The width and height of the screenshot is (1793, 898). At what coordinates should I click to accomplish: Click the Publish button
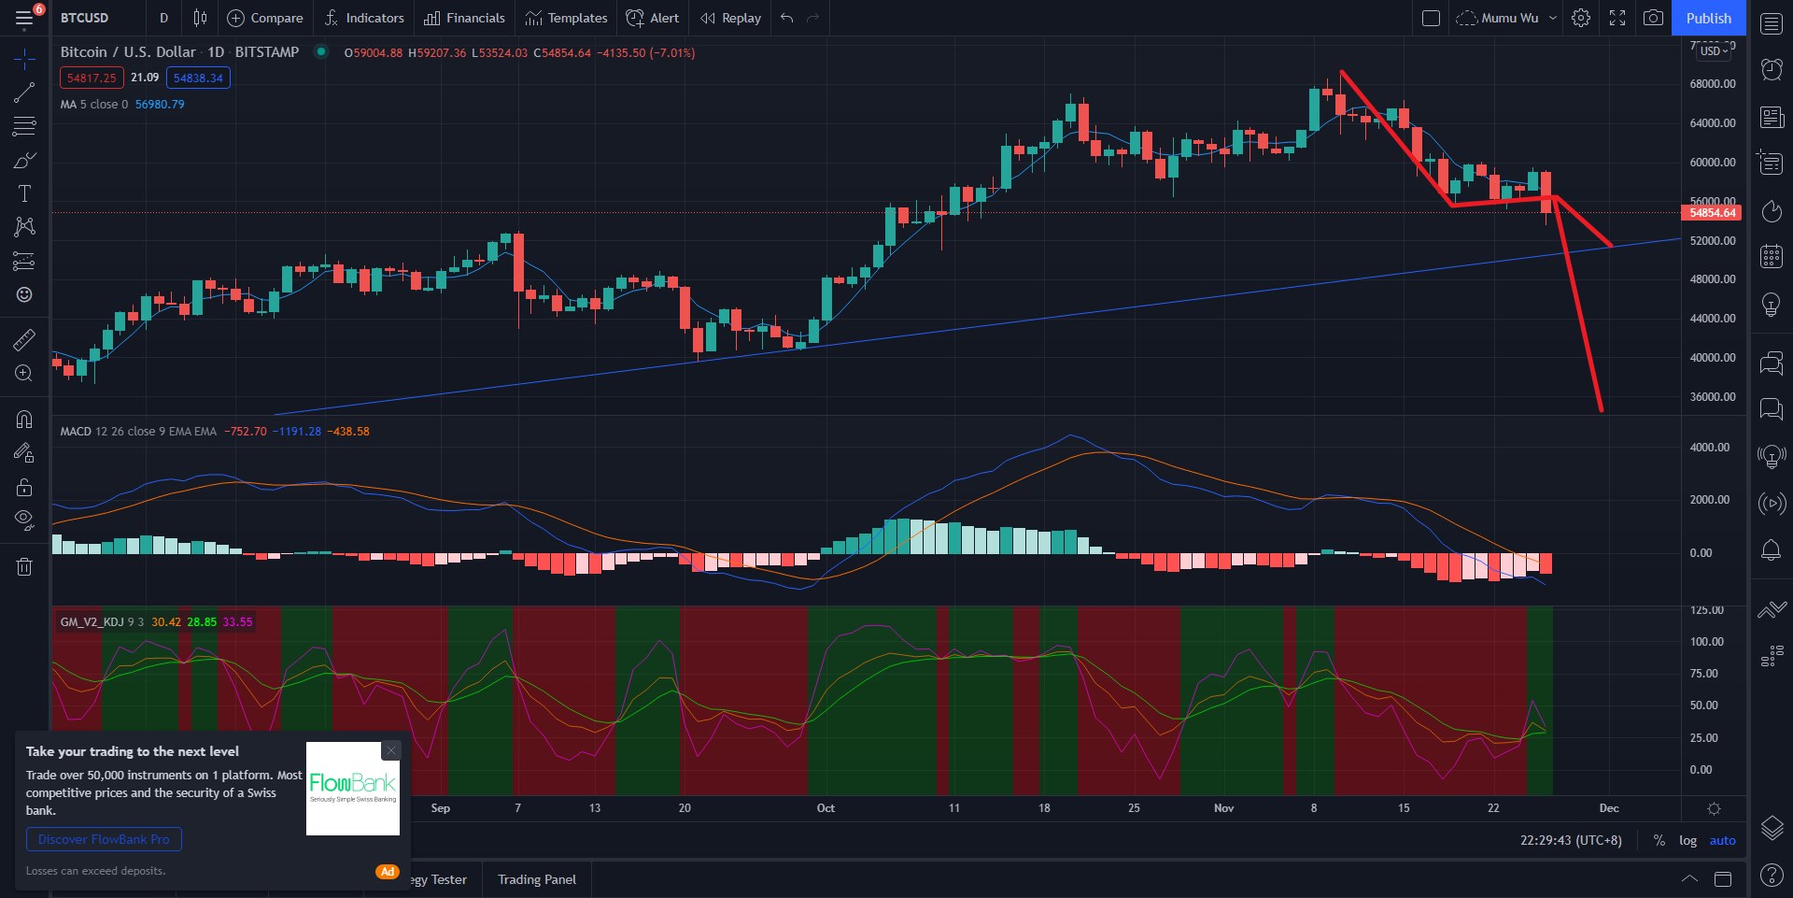coord(1708,18)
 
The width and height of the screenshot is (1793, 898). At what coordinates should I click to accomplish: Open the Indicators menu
coord(364,18)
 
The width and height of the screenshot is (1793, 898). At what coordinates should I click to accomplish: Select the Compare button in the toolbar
coord(265,18)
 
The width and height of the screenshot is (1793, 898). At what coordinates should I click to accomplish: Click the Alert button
coord(653,18)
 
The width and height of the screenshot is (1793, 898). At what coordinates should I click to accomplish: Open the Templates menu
coord(566,18)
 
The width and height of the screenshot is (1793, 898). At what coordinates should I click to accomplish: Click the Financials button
coord(464,18)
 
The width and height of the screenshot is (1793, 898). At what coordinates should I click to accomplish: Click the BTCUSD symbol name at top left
coord(85,18)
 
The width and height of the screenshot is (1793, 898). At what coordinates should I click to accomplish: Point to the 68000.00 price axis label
coord(1713,84)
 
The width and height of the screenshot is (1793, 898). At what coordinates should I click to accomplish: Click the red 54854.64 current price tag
coord(1712,213)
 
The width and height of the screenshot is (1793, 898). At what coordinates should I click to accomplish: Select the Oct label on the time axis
coord(826,808)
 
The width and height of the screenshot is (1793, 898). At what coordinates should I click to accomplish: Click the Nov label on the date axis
coord(1223,808)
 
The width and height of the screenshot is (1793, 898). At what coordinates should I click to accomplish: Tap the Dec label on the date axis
coord(1608,808)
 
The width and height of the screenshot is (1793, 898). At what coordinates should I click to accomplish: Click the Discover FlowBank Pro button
coord(104,839)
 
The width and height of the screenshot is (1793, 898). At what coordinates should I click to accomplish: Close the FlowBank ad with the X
coord(391,750)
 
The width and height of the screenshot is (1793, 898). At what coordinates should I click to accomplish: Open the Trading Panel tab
coord(537,879)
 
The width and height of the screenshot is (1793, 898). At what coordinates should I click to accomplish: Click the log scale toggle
coord(1687,840)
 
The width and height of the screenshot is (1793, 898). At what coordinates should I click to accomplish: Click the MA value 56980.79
coord(160,105)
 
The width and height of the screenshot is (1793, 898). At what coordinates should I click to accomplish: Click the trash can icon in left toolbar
coord(24,566)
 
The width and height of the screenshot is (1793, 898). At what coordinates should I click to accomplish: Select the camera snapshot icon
coord(1653,18)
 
